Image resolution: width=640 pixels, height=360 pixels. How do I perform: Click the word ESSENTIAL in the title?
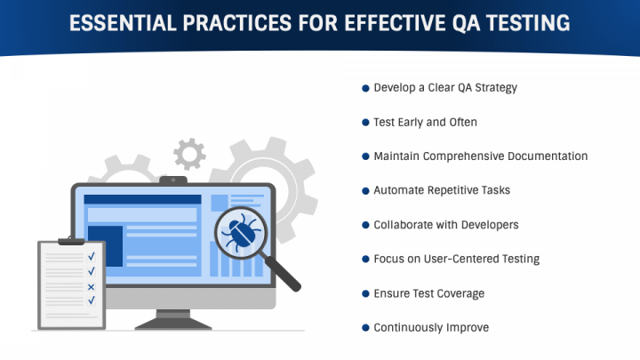pos(123,23)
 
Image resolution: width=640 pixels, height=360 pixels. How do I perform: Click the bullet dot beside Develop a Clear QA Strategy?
pos(365,88)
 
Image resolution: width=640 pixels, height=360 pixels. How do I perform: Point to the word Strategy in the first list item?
pos(496,88)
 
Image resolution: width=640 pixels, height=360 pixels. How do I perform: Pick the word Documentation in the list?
pos(548,156)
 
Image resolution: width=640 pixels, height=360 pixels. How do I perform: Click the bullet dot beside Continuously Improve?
pos(365,328)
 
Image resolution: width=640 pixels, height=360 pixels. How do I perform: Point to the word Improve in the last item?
pos(468,328)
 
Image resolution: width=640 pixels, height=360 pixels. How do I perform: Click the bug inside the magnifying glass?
pos(241,233)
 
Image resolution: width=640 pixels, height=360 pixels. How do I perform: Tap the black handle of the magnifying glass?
pos(283,274)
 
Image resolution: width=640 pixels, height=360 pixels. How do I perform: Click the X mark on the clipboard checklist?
pos(91,287)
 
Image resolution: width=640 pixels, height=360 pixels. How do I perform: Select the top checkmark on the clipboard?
pos(92,256)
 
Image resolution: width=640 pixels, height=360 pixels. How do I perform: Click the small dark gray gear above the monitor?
pos(189,154)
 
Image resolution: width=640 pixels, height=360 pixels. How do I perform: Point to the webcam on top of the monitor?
pos(173,180)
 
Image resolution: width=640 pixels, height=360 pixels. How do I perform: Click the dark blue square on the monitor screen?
pos(105,246)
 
